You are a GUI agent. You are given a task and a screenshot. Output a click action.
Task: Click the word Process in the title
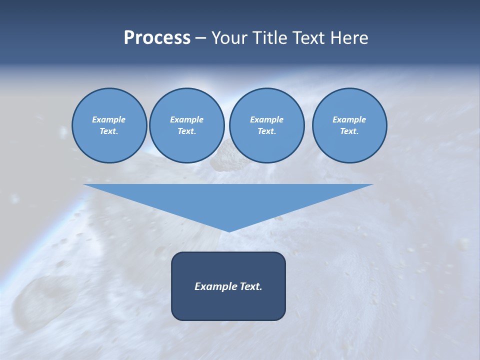pos(157,38)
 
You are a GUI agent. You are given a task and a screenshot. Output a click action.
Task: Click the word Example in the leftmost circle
pos(109,119)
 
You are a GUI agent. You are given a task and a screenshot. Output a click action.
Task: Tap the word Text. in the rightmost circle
pos(349,131)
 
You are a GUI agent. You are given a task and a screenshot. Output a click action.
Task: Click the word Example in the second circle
pos(186,119)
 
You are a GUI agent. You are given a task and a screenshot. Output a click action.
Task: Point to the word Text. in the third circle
pos(266,131)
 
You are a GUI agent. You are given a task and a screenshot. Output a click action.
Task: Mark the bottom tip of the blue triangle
pos(228,230)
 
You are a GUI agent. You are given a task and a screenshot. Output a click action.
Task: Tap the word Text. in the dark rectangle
pos(251,286)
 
